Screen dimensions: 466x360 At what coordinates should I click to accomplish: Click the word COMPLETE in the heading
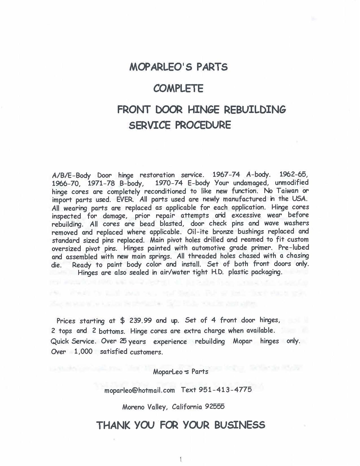[178, 89]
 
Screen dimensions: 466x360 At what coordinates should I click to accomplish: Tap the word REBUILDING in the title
[255, 109]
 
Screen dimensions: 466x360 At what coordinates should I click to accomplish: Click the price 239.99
[141, 321]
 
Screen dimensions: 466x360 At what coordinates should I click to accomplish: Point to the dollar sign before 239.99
[122, 321]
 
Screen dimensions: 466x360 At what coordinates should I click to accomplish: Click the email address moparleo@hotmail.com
[139, 390]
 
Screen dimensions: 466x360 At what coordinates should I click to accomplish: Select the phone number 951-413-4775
[225, 390]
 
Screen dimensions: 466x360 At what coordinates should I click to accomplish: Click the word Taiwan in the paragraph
[285, 191]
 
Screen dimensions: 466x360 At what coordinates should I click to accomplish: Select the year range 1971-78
[101, 183]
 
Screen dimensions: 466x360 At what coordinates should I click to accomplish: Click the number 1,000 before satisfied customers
[83, 352]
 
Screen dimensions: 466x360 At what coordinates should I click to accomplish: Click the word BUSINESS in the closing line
[240, 425]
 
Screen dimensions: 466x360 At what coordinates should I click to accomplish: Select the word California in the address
[187, 407]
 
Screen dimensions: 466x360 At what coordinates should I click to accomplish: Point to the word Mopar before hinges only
[242, 341]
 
